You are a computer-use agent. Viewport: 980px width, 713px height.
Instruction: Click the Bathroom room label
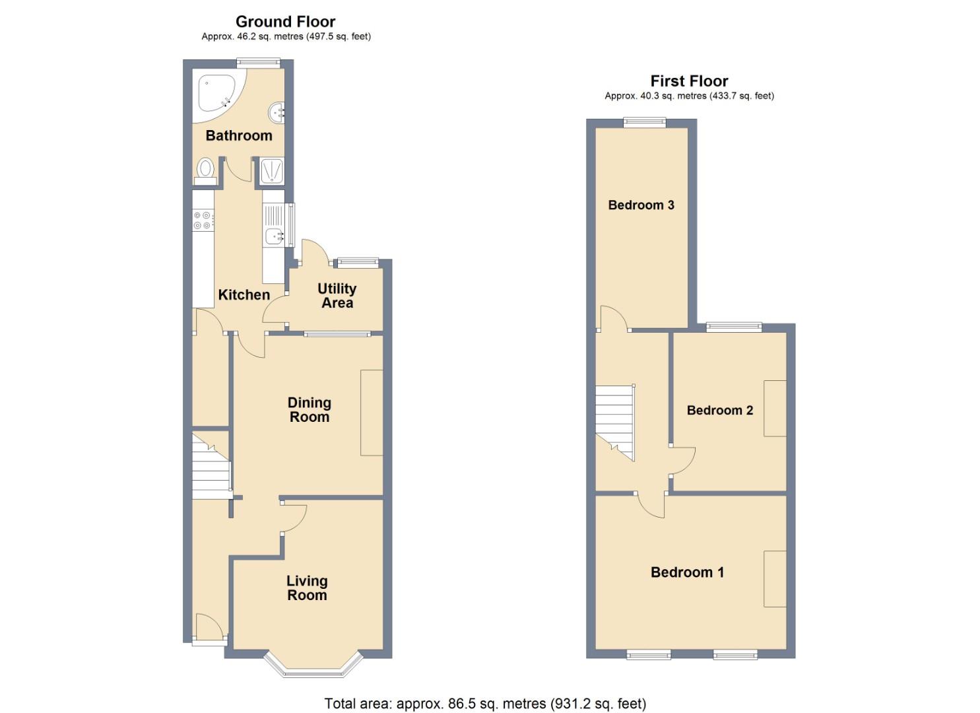[239, 135]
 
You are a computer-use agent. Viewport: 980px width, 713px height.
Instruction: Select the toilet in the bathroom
[205, 170]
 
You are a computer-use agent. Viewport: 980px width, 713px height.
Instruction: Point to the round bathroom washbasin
[277, 112]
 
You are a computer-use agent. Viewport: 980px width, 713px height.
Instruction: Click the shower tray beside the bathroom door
[272, 170]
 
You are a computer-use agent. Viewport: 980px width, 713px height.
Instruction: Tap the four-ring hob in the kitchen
[203, 220]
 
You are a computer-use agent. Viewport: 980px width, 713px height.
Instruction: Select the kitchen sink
[274, 236]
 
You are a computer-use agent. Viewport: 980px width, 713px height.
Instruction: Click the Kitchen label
[244, 295]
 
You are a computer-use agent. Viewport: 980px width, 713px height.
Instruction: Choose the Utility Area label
[337, 296]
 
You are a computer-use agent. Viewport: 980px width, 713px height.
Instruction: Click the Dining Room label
[309, 409]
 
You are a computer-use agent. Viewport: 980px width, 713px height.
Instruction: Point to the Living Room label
[307, 588]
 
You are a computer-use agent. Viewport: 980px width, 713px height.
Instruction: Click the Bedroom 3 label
[641, 205]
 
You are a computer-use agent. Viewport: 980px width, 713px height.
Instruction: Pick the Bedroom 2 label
[719, 410]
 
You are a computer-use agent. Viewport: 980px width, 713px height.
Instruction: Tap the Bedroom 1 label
[687, 572]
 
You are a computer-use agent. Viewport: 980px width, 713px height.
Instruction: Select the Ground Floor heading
[285, 22]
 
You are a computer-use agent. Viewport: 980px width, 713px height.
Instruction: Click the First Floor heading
[689, 81]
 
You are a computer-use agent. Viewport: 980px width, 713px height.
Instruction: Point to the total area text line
[485, 704]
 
